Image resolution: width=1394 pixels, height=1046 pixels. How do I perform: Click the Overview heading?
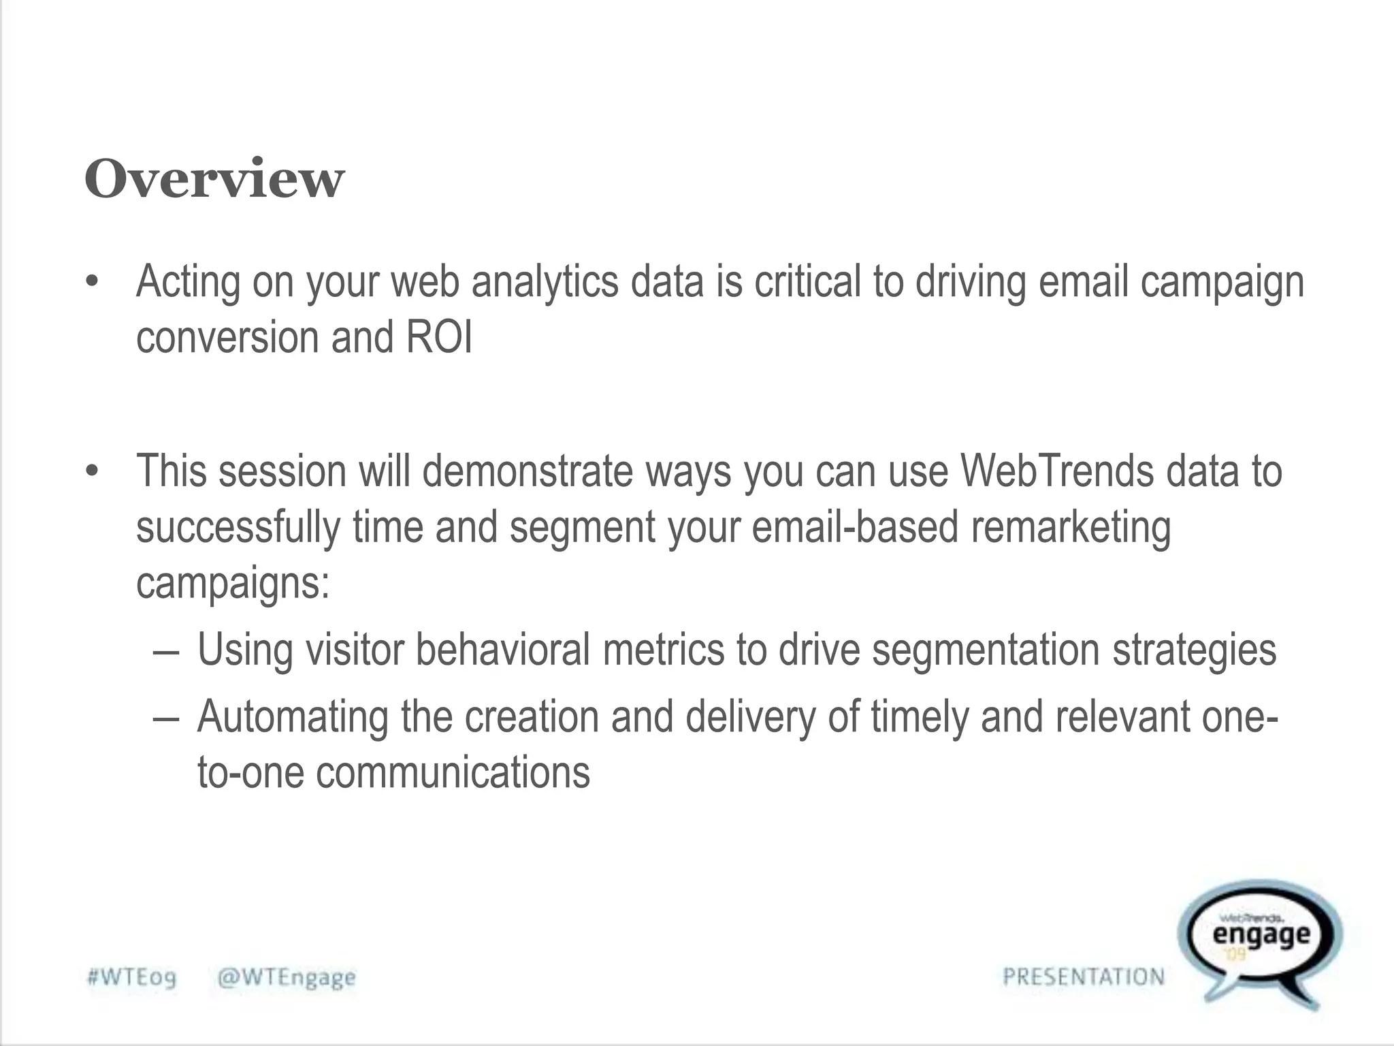214,179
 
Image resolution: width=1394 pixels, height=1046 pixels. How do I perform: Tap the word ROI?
438,338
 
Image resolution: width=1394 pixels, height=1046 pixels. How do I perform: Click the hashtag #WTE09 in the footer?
132,977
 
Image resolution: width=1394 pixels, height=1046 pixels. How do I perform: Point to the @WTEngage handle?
287,977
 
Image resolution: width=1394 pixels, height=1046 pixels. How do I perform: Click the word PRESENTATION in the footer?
1084,977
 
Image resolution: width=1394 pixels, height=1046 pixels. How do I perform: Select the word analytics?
545,282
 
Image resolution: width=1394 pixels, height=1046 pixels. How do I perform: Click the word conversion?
227,338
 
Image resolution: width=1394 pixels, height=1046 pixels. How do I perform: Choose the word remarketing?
1071,527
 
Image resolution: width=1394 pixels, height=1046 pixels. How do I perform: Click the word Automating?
293,716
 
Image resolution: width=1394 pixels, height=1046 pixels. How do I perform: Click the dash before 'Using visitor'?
167,650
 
